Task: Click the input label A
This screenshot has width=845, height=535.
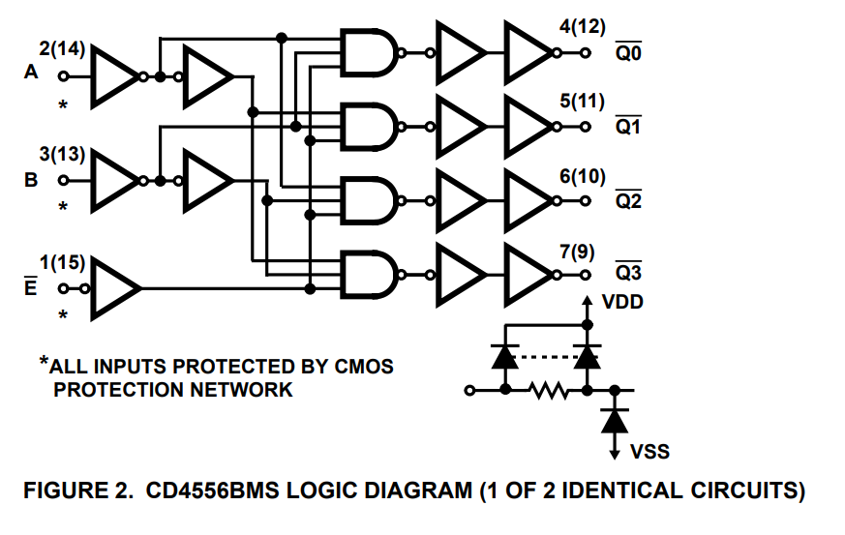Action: click(32, 74)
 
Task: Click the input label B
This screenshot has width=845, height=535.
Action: click(32, 179)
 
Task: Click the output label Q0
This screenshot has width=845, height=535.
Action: click(628, 55)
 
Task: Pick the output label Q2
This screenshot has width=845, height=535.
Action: click(628, 203)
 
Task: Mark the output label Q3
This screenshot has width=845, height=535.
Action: click(628, 276)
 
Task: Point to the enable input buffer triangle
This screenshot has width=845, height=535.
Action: click(114, 288)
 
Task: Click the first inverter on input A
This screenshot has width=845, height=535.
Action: click(114, 75)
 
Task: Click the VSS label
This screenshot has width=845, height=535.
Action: click(649, 452)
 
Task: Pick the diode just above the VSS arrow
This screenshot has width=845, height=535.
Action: click(613, 420)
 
